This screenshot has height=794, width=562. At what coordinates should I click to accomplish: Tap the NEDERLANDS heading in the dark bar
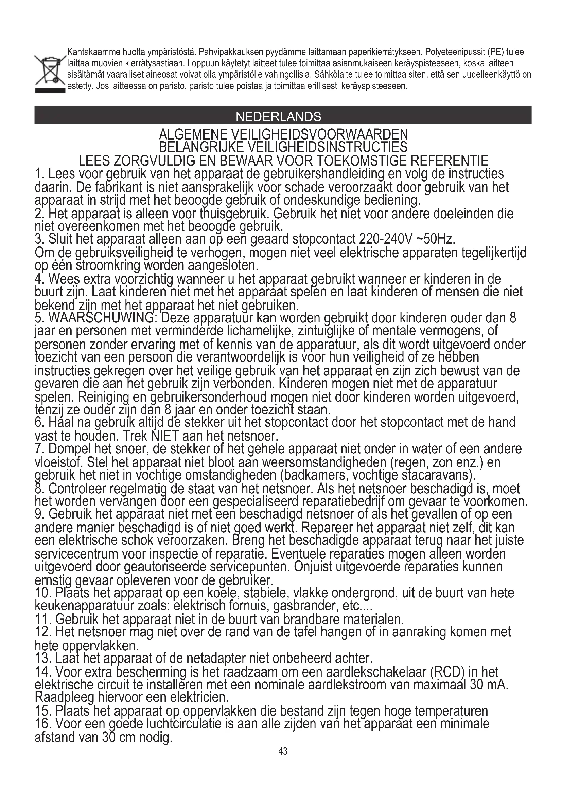pyautogui.click(x=278, y=117)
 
